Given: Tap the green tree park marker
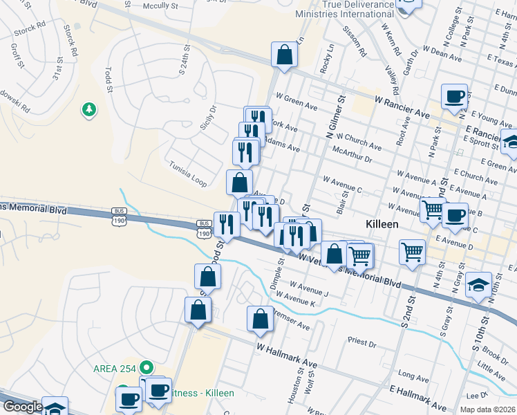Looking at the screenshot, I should coord(89,109).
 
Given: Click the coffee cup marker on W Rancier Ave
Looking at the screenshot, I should coord(454,97).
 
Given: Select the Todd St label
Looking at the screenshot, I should coord(108,80).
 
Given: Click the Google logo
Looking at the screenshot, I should coord(22,407).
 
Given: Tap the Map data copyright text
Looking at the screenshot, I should coord(488,409).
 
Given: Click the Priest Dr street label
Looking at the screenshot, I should coord(362,342).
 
